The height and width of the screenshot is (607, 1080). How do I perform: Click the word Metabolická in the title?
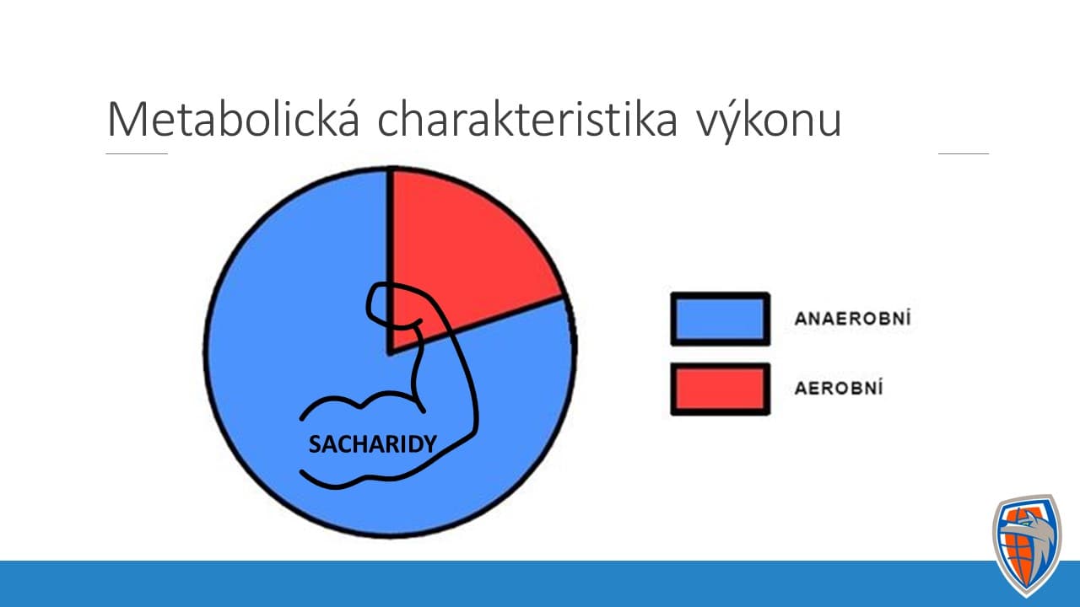point(234,118)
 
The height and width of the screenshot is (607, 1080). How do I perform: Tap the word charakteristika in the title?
point(527,118)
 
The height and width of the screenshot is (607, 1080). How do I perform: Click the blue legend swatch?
point(721,319)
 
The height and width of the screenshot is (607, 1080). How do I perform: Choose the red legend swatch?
point(721,389)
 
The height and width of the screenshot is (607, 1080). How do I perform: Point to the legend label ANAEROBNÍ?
point(852,319)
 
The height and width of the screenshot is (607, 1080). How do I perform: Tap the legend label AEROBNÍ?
point(839,388)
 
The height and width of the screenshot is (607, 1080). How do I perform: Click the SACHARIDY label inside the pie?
point(372,444)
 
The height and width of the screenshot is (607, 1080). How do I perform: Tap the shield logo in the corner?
point(1026,545)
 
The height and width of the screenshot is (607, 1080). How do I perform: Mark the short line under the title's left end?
point(137,153)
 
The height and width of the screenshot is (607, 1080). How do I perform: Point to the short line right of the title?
point(964,153)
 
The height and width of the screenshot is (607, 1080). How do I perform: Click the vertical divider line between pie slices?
point(390,261)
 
